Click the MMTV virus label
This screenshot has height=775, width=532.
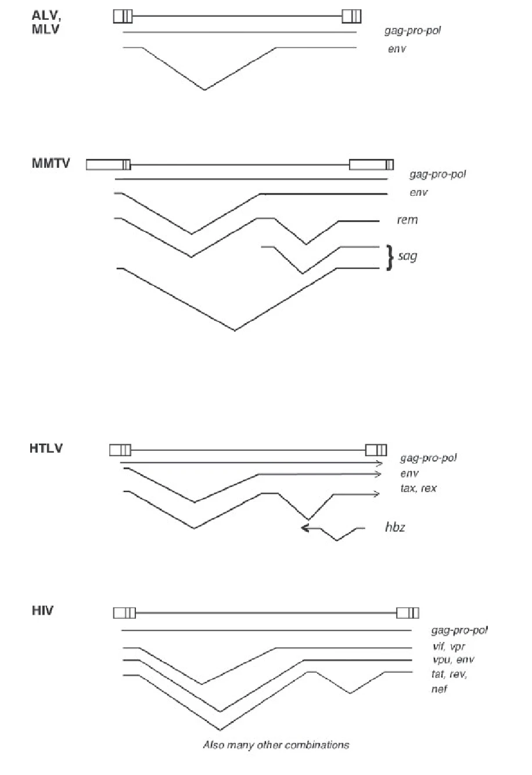[51, 163]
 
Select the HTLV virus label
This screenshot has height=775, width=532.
[46, 449]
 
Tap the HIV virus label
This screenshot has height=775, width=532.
[42, 611]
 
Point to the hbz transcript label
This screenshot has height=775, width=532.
[395, 527]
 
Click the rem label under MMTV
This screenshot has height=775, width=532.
[408, 220]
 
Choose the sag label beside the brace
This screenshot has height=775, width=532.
[408, 256]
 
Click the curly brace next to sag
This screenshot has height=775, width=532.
[390, 257]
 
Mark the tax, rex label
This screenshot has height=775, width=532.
[419, 488]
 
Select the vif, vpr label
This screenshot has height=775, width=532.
[449, 646]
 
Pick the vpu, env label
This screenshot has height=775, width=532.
[453, 660]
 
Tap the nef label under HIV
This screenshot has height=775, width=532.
[439, 689]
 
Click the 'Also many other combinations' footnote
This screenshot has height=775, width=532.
[276, 745]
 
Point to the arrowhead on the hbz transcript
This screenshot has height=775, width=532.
[304, 528]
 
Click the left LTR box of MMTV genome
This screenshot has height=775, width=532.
[108, 164]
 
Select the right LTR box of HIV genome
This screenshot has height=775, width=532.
[408, 613]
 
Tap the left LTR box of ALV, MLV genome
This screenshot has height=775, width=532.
[123, 16]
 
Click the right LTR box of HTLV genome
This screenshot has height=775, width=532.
[376, 450]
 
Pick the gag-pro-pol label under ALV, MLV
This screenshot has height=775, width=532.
[413, 31]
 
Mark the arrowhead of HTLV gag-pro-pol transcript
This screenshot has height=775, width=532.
[379, 463]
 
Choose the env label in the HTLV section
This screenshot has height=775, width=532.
[409, 473]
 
